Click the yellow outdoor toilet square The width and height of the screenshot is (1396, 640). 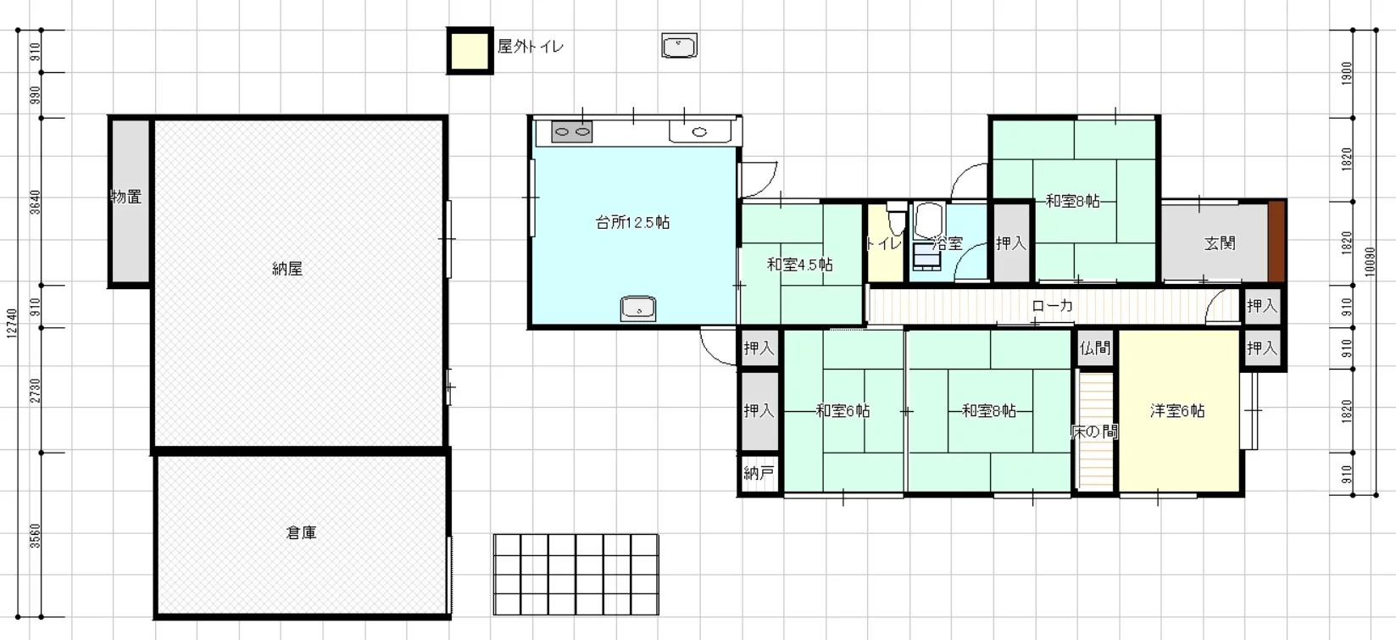click(470, 51)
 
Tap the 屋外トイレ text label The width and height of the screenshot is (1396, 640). click(531, 47)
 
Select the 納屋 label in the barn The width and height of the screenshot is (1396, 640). click(287, 269)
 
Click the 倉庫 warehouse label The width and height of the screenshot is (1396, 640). click(301, 532)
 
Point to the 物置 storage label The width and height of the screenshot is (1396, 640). click(126, 197)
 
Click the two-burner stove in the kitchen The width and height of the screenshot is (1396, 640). click(572, 131)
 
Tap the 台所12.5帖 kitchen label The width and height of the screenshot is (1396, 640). click(632, 222)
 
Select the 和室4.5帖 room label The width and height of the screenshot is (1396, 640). click(799, 264)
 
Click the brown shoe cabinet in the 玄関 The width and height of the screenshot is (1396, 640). click(1276, 242)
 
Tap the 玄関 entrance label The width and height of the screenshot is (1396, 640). click(1220, 243)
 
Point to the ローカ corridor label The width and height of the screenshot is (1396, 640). click(1052, 306)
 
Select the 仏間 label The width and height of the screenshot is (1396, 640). click(1095, 348)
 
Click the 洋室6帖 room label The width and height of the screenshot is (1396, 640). click(1177, 410)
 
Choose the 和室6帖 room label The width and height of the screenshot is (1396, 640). click(843, 410)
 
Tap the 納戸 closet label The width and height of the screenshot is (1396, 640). click(759, 473)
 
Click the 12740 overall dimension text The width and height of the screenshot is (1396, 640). click(12, 324)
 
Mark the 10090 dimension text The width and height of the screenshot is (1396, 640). click(1370, 262)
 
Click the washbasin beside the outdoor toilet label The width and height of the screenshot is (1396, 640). click(679, 46)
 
